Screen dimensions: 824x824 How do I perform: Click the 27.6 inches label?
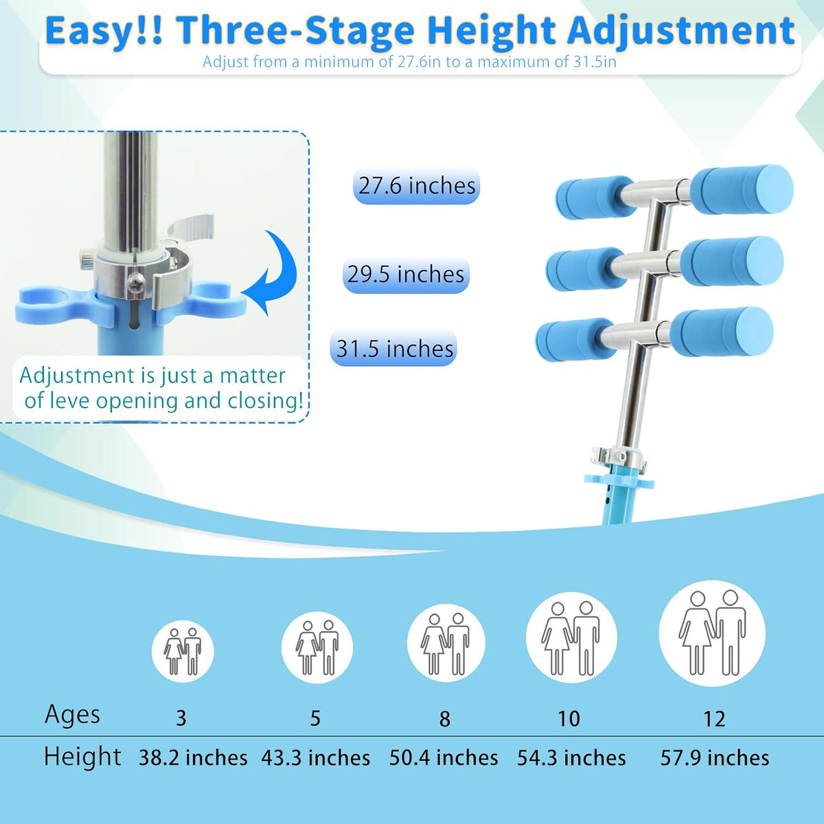(417, 187)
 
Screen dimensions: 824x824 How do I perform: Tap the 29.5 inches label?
(406, 275)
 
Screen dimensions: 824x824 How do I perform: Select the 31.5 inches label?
(394, 349)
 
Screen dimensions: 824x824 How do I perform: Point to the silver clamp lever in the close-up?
(192, 227)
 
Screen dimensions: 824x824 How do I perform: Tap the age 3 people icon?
(183, 651)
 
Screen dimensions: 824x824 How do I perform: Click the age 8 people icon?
(446, 643)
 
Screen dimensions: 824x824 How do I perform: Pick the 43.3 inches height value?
(316, 758)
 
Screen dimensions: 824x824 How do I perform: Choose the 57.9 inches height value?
(715, 758)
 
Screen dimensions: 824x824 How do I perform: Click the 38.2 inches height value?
(193, 758)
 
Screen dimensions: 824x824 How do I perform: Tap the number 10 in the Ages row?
(569, 719)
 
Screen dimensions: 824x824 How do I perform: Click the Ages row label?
(72, 716)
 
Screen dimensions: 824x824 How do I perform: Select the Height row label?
(82, 757)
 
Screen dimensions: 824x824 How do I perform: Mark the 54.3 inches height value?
(571, 758)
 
